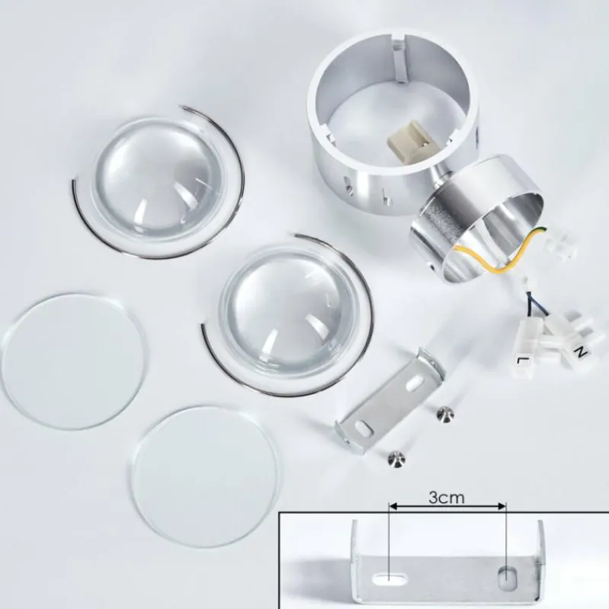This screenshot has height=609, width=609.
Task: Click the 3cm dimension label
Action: (446, 497)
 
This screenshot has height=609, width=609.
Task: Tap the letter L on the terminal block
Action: (521, 360)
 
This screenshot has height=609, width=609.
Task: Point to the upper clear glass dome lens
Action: (158, 180)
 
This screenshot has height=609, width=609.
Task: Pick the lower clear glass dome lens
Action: (288, 309)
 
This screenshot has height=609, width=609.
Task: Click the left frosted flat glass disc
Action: (74, 361)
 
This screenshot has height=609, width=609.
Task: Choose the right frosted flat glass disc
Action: (205, 477)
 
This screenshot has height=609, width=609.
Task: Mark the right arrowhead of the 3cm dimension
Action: (502, 506)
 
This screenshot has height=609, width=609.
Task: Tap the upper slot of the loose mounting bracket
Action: (415, 382)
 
